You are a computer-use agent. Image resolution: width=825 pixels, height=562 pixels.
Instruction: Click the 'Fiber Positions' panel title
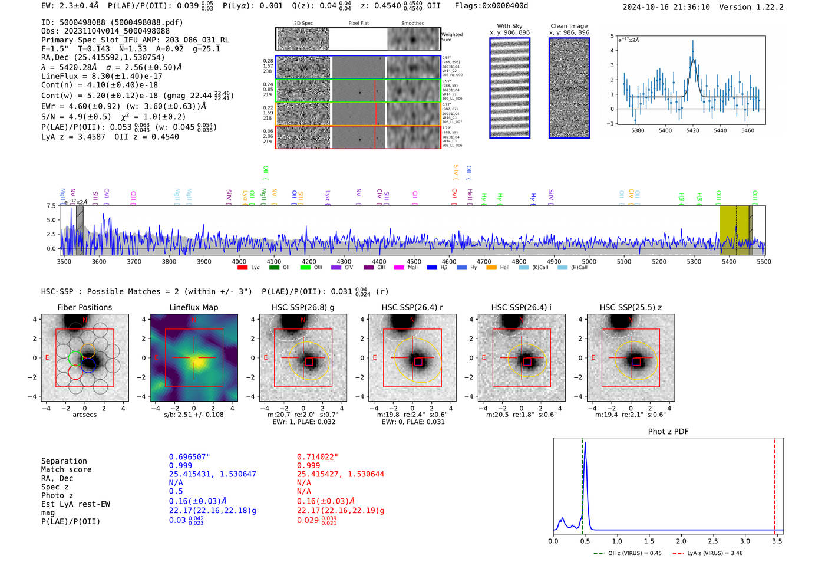[x=84, y=307]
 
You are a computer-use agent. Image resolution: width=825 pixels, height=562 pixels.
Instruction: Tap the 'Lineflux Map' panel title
[x=193, y=307]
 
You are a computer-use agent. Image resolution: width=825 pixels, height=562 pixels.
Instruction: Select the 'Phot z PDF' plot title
[x=668, y=432]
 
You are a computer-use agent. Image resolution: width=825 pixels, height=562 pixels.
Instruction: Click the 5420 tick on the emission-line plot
[x=692, y=130]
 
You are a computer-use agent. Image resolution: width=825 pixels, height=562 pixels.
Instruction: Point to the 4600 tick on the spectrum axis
[x=449, y=261]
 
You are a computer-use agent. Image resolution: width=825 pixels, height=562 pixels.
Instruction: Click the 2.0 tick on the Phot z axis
[x=681, y=541]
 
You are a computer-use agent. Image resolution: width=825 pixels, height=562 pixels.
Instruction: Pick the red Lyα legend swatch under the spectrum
[x=242, y=268]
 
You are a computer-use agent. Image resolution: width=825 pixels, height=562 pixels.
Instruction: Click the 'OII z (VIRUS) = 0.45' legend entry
[x=627, y=553]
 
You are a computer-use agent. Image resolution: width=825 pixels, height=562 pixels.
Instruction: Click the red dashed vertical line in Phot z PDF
[x=774, y=484]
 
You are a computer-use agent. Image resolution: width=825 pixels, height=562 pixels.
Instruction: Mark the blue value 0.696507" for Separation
[x=189, y=457]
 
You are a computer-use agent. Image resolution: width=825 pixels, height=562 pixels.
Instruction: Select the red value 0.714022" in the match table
[x=317, y=457]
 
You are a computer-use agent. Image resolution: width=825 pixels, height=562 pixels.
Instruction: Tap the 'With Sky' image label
[x=509, y=26]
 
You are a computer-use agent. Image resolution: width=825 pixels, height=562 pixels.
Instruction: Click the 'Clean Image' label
[x=569, y=26]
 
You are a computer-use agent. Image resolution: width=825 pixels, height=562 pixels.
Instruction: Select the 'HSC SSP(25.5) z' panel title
[x=631, y=307]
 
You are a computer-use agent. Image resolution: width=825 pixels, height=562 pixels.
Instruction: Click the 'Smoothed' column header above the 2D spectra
[x=412, y=24]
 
